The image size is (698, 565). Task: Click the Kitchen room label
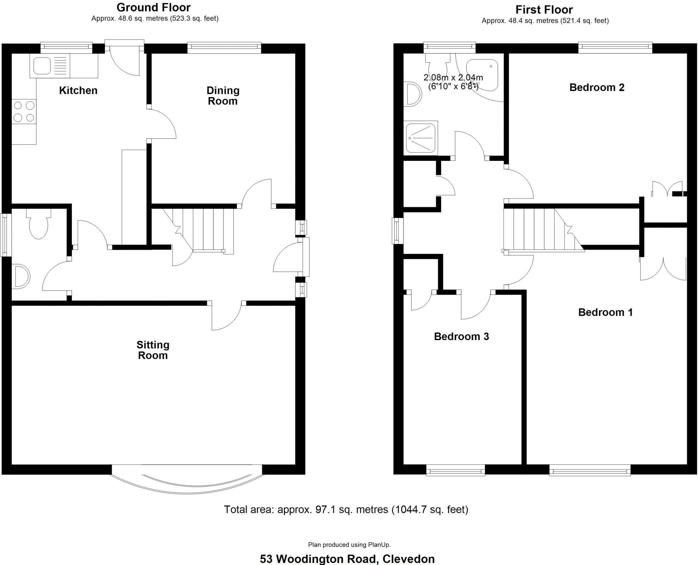[78, 90]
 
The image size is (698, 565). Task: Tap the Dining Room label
[223, 96]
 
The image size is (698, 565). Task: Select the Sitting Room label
[153, 350]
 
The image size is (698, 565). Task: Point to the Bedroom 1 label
[605, 312]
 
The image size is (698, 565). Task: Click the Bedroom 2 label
[597, 87]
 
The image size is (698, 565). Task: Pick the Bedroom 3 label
[461, 336]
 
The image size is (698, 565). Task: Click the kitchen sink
[41, 66]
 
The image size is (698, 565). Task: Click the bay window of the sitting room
[187, 481]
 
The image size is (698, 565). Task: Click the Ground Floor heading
[153, 7]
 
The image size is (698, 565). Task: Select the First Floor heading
[544, 9]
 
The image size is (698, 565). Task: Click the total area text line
[346, 509]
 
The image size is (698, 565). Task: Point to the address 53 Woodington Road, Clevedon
[347, 559]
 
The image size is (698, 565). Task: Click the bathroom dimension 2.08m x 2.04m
[453, 77]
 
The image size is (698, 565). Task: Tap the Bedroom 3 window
[455, 472]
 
